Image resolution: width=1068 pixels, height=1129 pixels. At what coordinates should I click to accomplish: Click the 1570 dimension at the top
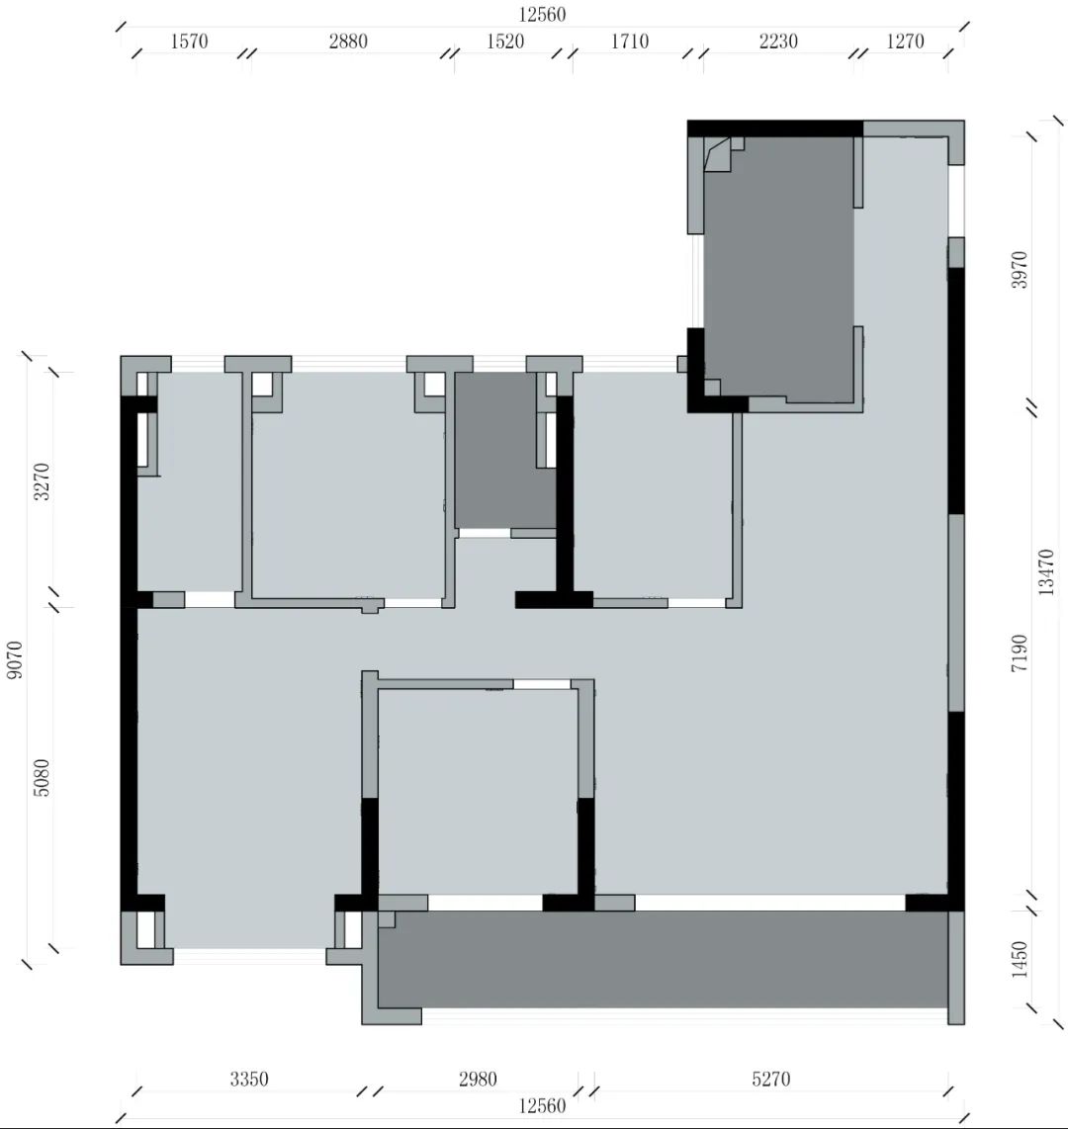pyautogui.click(x=189, y=42)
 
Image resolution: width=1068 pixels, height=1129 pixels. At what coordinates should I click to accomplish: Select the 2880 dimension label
pyautogui.click(x=347, y=42)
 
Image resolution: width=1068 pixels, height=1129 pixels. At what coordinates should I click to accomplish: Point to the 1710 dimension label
pyautogui.click(x=630, y=42)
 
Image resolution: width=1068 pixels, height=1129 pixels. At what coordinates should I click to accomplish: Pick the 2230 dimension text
pyautogui.click(x=779, y=42)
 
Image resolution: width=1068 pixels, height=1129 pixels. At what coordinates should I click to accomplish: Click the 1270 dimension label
pyautogui.click(x=905, y=42)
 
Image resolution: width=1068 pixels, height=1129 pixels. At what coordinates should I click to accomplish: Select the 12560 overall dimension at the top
pyautogui.click(x=542, y=14)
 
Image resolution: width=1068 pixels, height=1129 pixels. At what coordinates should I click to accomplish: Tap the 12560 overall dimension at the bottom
pyautogui.click(x=542, y=1106)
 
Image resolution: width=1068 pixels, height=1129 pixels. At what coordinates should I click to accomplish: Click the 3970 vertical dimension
pyautogui.click(x=1020, y=270)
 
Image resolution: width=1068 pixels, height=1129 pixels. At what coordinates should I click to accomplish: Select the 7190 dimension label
pyautogui.click(x=1020, y=653)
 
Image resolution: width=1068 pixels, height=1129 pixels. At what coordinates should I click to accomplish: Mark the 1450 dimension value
pyautogui.click(x=1020, y=959)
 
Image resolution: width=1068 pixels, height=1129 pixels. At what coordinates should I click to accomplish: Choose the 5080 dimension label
pyautogui.click(x=42, y=778)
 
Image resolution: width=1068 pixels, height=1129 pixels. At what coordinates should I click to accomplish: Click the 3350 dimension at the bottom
pyautogui.click(x=249, y=1080)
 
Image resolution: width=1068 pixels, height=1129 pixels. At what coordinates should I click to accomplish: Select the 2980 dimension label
pyautogui.click(x=478, y=1080)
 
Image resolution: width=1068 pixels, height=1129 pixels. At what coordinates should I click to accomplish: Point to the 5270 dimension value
pyautogui.click(x=770, y=1080)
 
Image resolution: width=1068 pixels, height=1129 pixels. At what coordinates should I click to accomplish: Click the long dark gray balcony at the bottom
pyautogui.click(x=663, y=959)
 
